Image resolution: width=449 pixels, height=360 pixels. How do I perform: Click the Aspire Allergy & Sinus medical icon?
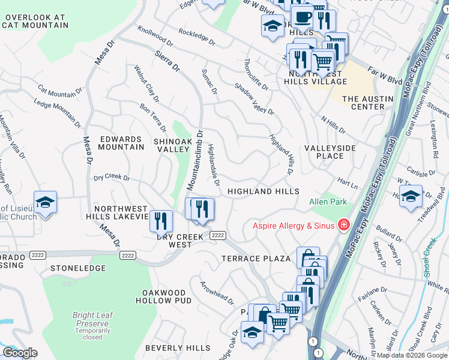point(343,225)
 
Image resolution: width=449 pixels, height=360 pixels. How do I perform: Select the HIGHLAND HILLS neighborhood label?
point(263,191)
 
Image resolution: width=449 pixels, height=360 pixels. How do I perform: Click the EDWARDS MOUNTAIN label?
point(122,143)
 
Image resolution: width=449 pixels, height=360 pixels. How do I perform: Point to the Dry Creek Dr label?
point(111,178)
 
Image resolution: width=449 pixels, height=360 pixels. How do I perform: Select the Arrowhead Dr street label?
point(216,290)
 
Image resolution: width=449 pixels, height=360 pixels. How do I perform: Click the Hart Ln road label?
point(347,180)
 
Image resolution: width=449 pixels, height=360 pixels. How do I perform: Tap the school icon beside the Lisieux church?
point(45,203)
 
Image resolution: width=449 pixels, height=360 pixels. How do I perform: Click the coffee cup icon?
point(302,17)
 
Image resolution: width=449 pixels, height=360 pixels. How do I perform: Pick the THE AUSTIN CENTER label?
point(367,103)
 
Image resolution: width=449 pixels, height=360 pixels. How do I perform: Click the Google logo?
point(20,353)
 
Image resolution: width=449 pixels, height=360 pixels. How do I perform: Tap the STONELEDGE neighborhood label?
point(73,268)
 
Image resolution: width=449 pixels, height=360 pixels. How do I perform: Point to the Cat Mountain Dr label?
point(60,91)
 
